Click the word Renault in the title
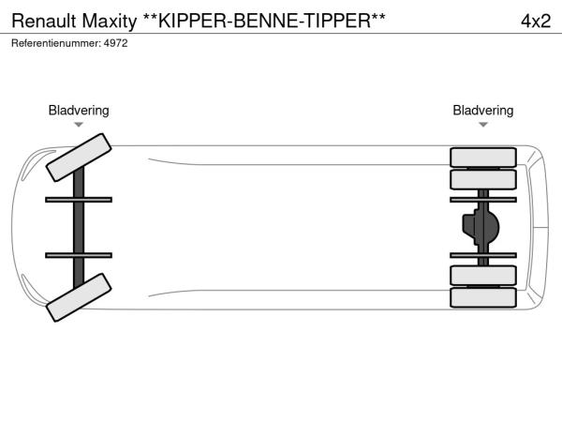(x=40, y=20)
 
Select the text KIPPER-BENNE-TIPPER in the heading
(x=260, y=20)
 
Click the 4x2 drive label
(x=535, y=20)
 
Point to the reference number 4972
(x=115, y=43)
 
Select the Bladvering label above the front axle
(x=79, y=111)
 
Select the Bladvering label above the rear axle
(x=482, y=111)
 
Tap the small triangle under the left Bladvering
(x=79, y=125)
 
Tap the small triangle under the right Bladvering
(x=482, y=125)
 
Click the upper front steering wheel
(x=79, y=157)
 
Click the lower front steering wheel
(x=79, y=297)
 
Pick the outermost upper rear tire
(x=482, y=157)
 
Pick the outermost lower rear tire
(x=482, y=297)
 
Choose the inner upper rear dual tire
(x=482, y=179)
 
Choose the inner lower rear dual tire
(x=482, y=275)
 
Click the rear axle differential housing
(x=481, y=226)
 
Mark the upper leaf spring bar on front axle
(x=79, y=199)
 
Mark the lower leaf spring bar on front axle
(x=79, y=254)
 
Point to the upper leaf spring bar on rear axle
(x=482, y=199)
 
